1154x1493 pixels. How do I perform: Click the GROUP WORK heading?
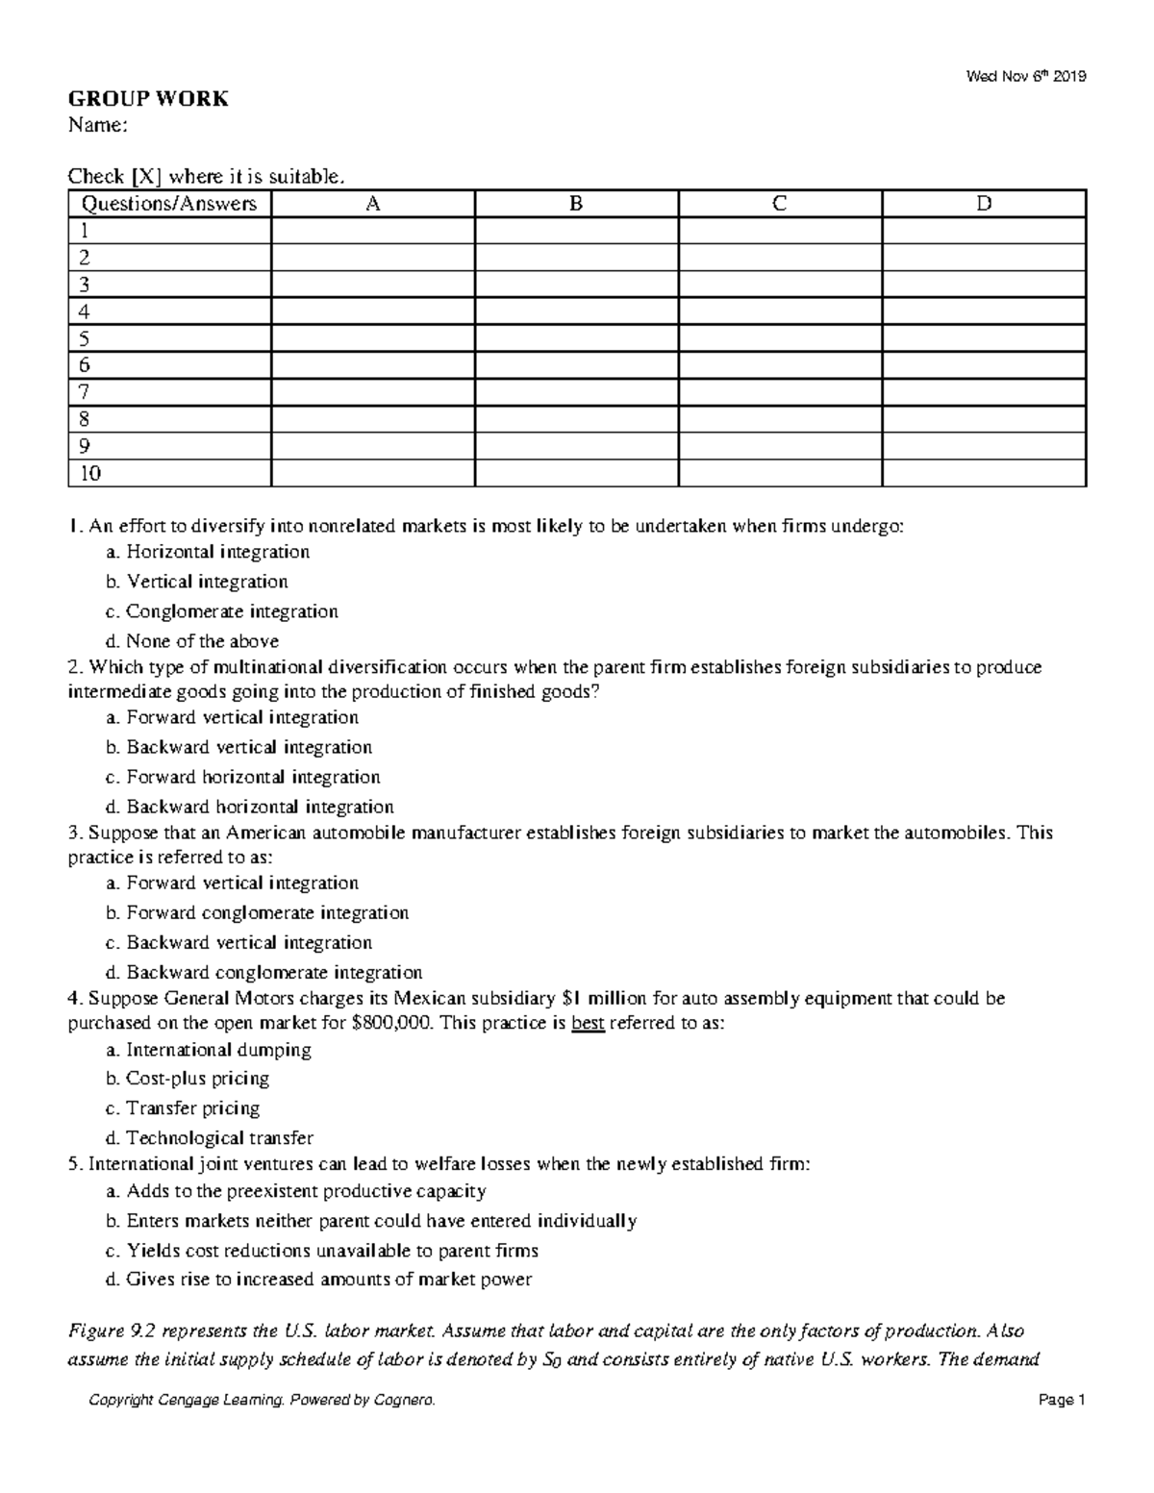[x=147, y=98]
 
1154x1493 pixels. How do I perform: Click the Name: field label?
[x=97, y=124]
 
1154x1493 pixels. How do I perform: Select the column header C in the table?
[x=779, y=204]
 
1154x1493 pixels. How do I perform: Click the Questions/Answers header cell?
[x=169, y=204]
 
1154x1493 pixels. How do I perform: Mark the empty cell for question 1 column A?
[x=373, y=231]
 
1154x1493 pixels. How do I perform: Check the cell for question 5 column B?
[x=576, y=338]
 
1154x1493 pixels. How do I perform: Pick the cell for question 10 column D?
[x=983, y=473]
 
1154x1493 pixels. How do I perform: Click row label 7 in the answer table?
[x=86, y=392]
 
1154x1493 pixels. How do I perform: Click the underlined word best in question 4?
[x=588, y=1023]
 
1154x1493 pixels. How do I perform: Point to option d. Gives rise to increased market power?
[x=318, y=1279]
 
